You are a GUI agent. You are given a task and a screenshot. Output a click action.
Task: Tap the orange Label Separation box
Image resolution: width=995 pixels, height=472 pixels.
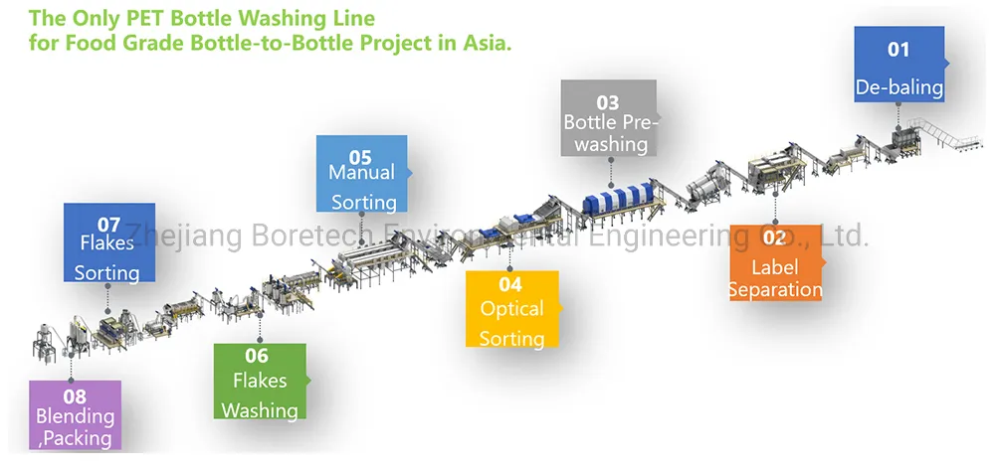point(776,263)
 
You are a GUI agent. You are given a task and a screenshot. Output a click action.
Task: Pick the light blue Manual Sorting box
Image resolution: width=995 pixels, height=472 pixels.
point(361,174)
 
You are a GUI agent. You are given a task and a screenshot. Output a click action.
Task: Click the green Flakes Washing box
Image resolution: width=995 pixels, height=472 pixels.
point(260,382)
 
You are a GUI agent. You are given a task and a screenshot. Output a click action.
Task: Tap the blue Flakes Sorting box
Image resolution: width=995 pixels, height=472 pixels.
point(108,243)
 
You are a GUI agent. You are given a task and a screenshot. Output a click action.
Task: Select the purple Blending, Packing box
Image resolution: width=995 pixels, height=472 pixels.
point(75,415)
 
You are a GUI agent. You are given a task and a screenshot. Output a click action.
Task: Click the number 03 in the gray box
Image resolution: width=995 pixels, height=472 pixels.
point(607,102)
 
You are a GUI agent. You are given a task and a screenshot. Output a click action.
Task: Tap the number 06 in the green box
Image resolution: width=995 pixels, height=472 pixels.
point(257,356)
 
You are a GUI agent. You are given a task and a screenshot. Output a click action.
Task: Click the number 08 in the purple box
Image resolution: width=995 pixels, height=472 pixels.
point(74,395)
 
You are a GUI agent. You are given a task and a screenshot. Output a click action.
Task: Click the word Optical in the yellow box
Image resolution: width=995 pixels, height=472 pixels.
point(511,309)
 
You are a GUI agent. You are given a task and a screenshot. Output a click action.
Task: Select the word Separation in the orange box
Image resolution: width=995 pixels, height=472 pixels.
point(776,290)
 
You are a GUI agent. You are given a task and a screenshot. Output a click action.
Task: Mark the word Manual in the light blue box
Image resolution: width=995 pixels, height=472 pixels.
point(361,172)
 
